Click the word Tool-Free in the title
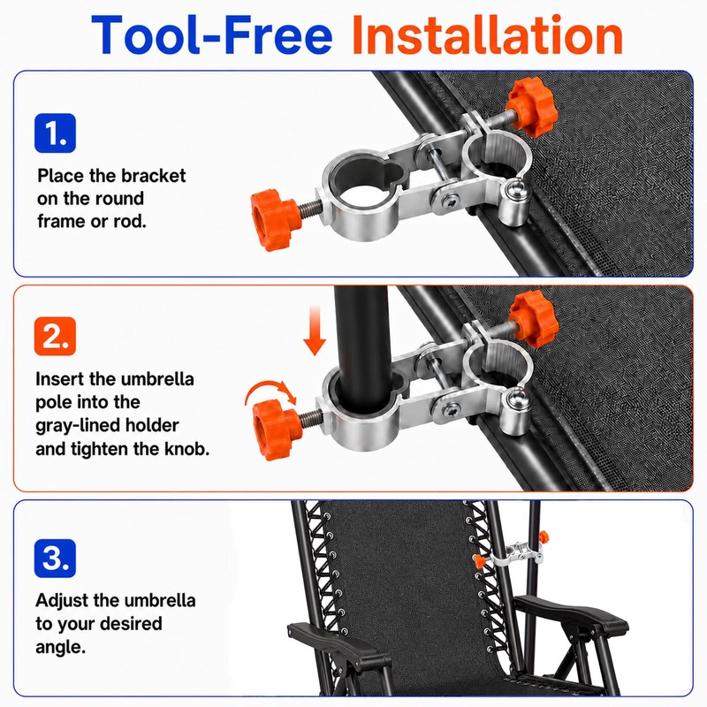(212, 34)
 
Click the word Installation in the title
(488, 34)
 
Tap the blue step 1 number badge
(55, 133)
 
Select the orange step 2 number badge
(55, 336)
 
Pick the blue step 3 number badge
(55, 559)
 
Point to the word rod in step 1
(132, 222)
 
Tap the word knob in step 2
(187, 449)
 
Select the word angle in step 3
(60, 648)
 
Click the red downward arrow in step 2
(315, 331)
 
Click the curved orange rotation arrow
(270, 390)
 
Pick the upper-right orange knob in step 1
(532, 107)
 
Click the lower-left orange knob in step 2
(276, 430)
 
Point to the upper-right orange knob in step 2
(534, 319)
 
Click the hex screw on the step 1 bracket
(450, 201)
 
